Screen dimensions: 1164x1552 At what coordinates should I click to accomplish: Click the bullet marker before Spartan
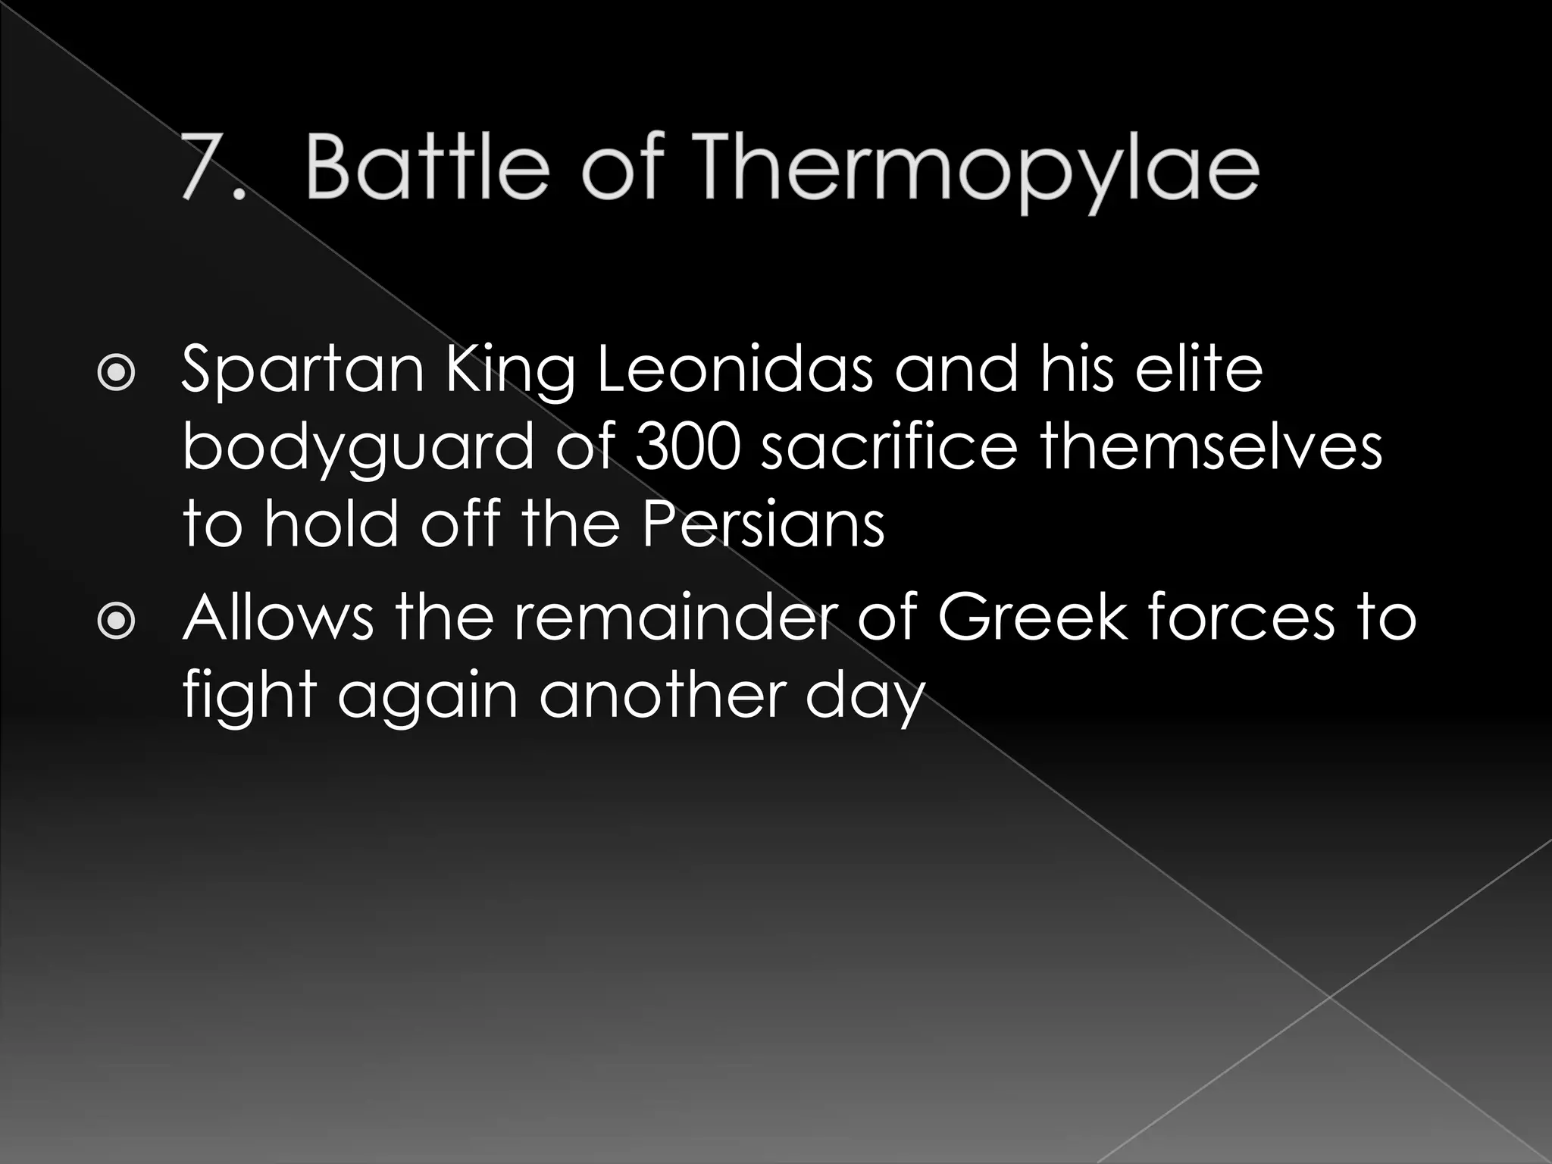click(117, 374)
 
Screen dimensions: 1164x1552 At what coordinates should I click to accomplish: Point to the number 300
click(687, 447)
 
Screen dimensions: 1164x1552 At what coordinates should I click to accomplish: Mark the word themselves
click(1210, 447)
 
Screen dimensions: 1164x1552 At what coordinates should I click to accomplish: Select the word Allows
click(278, 617)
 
